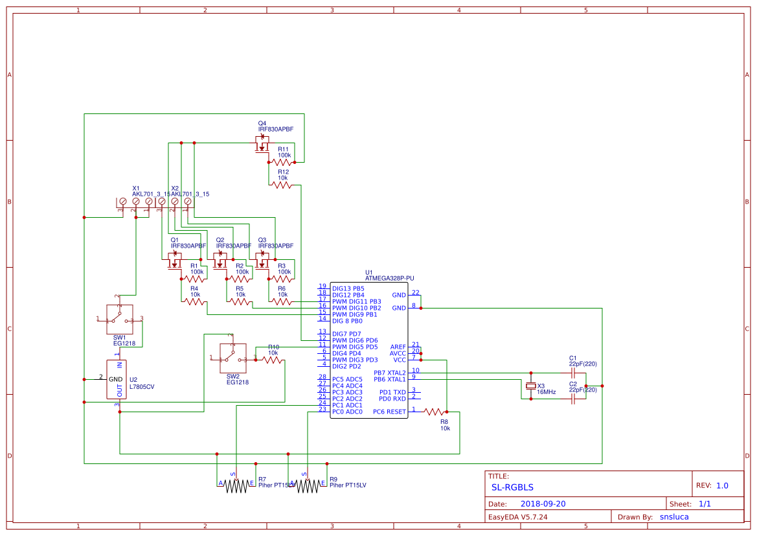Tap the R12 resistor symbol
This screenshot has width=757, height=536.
point(282,185)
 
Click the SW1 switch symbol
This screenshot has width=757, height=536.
point(119,319)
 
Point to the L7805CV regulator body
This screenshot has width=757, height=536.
point(117,380)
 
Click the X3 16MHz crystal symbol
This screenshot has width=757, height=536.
point(531,386)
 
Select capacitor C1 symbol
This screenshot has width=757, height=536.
point(572,373)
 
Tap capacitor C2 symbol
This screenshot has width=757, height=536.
point(572,400)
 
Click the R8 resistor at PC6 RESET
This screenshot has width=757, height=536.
point(435,412)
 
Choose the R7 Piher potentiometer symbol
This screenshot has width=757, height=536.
point(236,486)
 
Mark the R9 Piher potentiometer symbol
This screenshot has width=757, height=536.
point(308,486)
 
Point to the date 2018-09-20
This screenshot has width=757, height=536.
point(543,504)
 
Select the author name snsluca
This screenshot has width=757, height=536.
point(673,517)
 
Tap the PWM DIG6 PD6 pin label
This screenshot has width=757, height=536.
point(354,340)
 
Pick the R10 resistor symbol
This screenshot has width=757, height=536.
point(273,360)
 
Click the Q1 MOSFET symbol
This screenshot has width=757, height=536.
point(174,261)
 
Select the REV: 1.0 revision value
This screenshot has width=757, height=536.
point(722,485)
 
